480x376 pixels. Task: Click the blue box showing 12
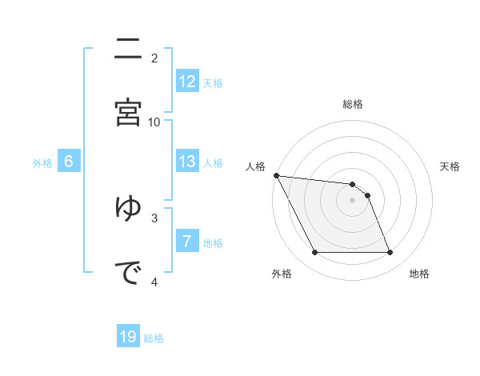(187, 82)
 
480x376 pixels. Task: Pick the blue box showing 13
(187, 162)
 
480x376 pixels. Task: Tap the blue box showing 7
(187, 242)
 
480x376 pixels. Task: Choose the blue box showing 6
(69, 162)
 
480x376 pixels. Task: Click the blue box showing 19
(128, 337)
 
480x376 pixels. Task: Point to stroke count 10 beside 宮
(154, 122)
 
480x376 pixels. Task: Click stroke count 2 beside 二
(154, 58)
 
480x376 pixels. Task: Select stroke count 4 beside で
(154, 282)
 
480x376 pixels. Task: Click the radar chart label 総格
(353, 104)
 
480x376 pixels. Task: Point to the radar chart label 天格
(450, 166)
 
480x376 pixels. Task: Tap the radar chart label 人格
(255, 166)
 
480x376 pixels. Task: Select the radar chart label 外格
(282, 274)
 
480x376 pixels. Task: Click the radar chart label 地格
(419, 274)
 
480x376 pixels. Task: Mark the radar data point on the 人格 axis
(276, 175)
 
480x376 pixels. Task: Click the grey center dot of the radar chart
(353, 200)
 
